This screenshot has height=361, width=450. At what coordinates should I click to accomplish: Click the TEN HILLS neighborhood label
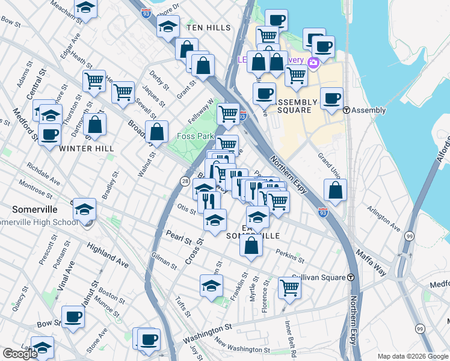point(209,28)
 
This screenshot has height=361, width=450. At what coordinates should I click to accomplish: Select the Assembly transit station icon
point(347,110)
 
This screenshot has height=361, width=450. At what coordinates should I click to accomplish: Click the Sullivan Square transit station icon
point(350,277)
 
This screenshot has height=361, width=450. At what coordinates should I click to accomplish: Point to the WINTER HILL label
point(85,148)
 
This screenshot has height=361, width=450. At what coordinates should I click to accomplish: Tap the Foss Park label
point(196,137)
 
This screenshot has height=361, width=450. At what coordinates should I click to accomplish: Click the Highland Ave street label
point(108,255)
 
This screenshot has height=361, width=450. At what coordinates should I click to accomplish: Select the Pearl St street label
point(179,238)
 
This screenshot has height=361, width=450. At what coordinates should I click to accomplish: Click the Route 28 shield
point(186,180)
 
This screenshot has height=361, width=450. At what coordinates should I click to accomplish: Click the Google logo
point(20,354)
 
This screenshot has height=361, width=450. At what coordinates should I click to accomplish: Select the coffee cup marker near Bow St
point(73,316)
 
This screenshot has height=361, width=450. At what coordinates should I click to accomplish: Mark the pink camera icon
point(313,63)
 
